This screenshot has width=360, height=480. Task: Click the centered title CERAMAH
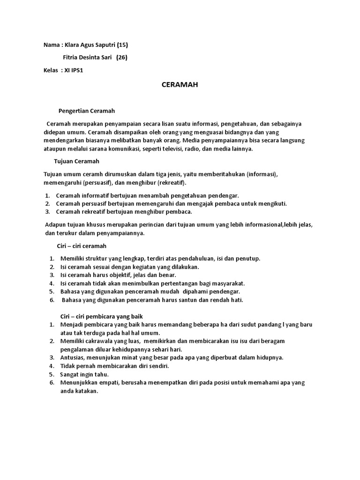180,85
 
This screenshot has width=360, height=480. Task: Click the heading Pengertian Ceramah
87,111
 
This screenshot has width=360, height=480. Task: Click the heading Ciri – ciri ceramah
78,246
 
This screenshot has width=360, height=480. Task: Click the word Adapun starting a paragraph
57,225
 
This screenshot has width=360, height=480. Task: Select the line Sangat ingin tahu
84,375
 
